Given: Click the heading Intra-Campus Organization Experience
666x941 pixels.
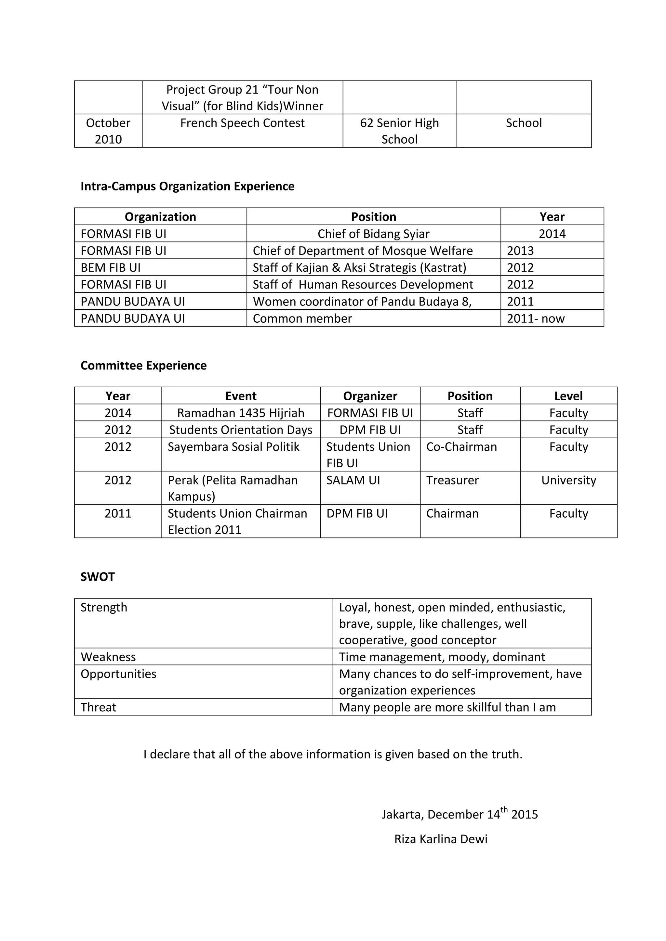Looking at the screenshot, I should click(x=187, y=186).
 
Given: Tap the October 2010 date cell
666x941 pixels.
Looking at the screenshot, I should click(x=108, y=131).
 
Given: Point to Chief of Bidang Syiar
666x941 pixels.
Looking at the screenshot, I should click(x=373, y=234).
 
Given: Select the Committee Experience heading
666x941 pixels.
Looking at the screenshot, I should click(x=143, y=365).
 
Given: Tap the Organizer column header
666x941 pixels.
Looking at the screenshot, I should click(x=370, y=396).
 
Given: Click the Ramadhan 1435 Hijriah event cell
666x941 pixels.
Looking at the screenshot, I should click(x=241, y=413).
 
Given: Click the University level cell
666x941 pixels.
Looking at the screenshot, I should click(x=568, y=480).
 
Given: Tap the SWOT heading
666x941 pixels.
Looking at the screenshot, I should click(x=98, y=577).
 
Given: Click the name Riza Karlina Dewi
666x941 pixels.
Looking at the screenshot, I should click(x=441, y=839).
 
